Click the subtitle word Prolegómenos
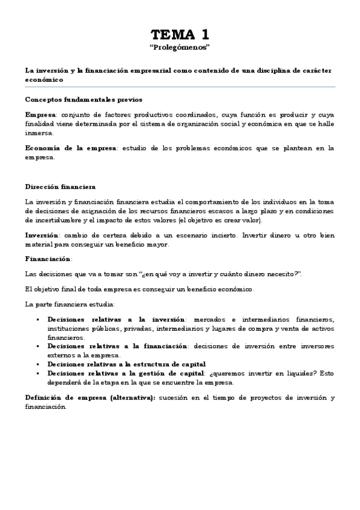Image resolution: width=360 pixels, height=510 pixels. click(x=180, y=46)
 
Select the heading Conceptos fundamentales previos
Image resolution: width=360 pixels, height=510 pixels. click(x=84, y=99)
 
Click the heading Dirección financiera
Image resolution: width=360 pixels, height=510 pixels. click(x=60, y=187)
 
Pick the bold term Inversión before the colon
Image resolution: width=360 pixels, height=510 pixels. click(x=41, y=235)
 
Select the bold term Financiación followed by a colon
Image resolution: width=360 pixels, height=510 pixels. click(x=48, y=259)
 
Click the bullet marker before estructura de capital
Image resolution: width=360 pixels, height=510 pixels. click(x=37, y=364)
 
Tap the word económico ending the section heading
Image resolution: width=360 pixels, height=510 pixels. click(x=43, y=79)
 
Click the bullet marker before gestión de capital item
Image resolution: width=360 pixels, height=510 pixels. click(x=37, y=373)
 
